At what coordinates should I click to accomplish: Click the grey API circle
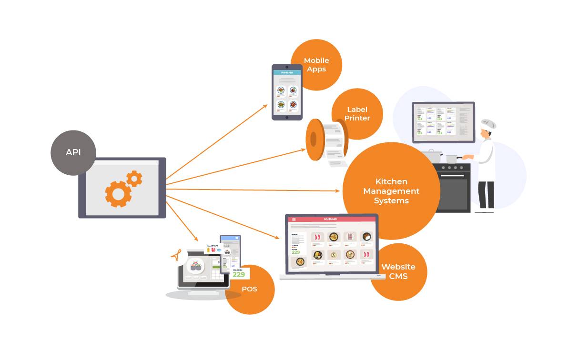point(73,152)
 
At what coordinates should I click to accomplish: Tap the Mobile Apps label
point(316,65)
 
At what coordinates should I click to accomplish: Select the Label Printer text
point(357,114)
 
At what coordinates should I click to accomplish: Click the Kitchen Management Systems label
point(391,191)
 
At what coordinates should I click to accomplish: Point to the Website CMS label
point(398,271)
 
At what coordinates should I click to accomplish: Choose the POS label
point(249,289)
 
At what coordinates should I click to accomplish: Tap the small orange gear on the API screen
point(134,178)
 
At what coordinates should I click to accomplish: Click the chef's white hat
point(488,124)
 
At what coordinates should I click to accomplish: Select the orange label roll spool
point(314,139)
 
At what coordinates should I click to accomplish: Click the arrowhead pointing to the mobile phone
point(265,106)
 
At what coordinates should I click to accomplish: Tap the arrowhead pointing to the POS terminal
point(196,239)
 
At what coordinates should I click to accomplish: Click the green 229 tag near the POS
point(239,274)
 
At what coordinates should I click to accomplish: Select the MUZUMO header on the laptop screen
point(332,219)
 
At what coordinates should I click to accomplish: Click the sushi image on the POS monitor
point(195,265)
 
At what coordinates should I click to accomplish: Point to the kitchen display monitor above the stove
point(443,122)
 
